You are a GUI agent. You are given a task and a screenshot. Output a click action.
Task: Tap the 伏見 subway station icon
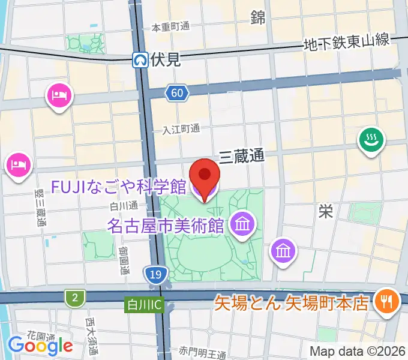pos(140,59)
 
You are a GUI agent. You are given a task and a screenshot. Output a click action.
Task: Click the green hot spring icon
pos(371,141)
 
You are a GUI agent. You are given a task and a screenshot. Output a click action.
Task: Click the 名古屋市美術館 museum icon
pos(243,226)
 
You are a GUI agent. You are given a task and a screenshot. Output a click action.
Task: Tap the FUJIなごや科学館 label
pos(118,187)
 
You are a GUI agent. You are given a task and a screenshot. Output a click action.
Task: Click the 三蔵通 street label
pos(241,157)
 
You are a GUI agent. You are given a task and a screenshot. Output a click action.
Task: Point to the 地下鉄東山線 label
pos(347,43)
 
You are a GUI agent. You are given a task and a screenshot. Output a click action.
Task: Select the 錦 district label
pos(258,19)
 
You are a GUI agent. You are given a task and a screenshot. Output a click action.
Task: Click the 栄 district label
pos(326,211)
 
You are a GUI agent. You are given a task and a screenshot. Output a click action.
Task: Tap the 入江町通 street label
pos(181,130)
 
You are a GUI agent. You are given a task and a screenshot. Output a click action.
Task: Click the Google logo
pos(40,346)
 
